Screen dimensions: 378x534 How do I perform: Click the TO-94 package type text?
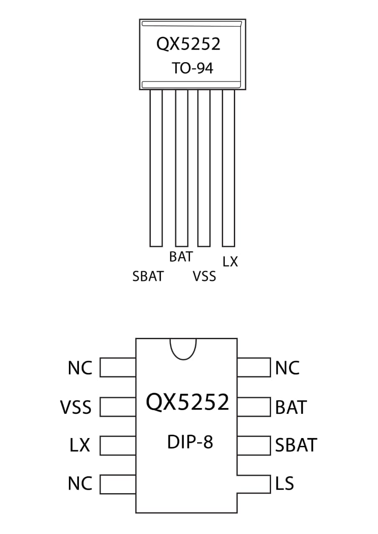coord(192,68)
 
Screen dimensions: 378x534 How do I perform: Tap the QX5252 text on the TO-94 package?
coord(188,44)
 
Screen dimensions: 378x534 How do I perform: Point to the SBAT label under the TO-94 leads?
coord(148,276)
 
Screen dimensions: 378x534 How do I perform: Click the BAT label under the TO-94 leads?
coord(181,257)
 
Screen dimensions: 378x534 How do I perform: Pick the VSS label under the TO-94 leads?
coord(204,276)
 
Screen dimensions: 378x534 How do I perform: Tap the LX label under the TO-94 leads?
coord(230,262)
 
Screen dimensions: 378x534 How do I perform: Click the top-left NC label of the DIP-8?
coord(80,368)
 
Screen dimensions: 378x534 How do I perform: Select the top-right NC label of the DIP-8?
coord(287,368)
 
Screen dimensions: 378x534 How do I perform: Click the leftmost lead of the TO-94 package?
coord(156,168)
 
